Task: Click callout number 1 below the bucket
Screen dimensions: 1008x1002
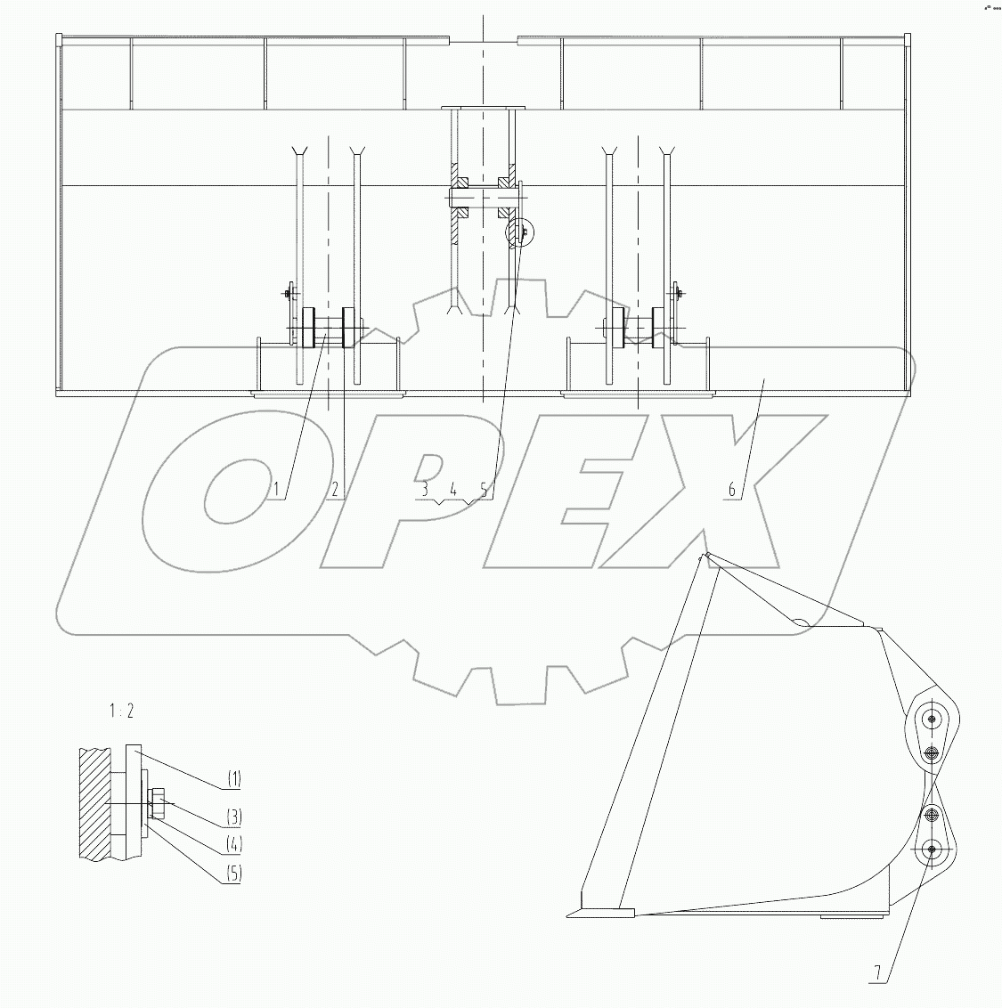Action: click(x=277, y=489)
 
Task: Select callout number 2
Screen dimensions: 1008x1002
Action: click(x=335, y=489)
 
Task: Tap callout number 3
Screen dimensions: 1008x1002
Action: click(x=425, y=489)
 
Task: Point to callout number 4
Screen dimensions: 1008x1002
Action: click(x=453, y=489)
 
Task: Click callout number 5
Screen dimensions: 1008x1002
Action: click(x=484, y=489)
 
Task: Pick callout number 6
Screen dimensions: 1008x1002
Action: click(x=731, y=489)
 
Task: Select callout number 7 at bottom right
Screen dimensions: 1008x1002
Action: click(x=877, y=974)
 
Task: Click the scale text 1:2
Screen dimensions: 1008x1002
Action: click(x=121, y=711)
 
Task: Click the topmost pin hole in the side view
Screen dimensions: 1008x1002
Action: click(x=932, y=719)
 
